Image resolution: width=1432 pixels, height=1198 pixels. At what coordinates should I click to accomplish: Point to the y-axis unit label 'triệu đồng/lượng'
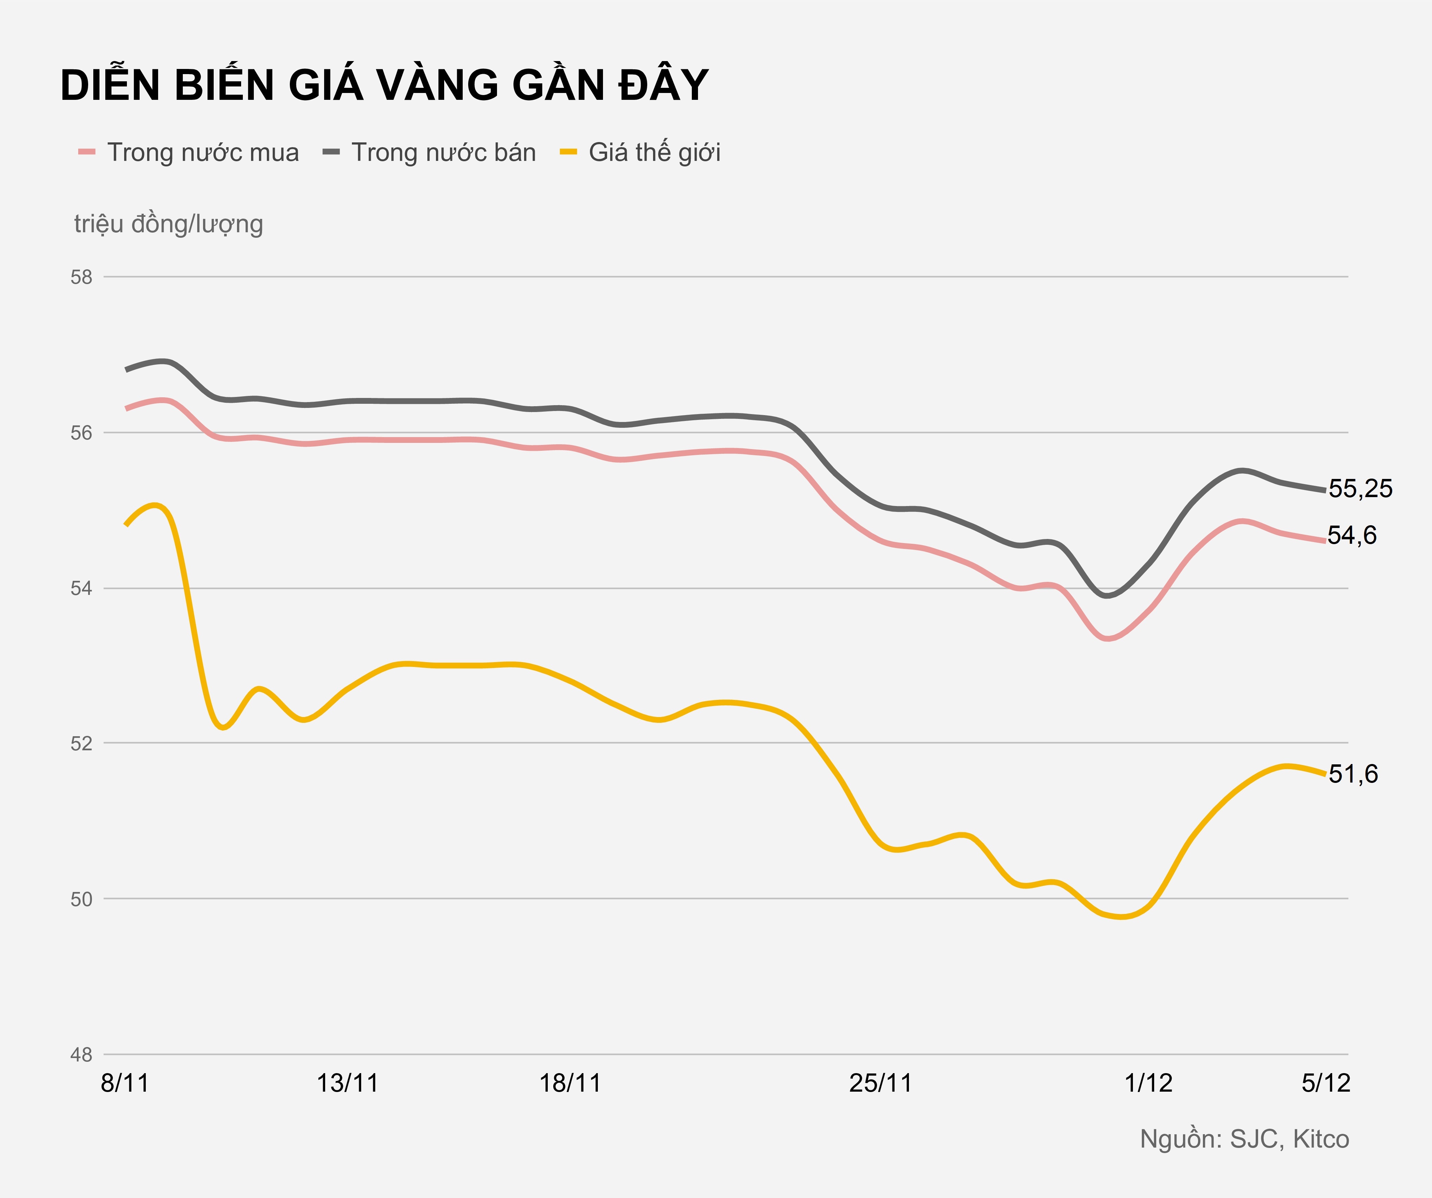(168, 224)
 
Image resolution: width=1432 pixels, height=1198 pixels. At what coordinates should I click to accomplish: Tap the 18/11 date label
(570, 1083)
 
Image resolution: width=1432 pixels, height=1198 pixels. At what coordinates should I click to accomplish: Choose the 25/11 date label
(880, 1083)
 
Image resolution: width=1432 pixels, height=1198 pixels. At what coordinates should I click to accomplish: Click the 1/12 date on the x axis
(1148, 1083)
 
